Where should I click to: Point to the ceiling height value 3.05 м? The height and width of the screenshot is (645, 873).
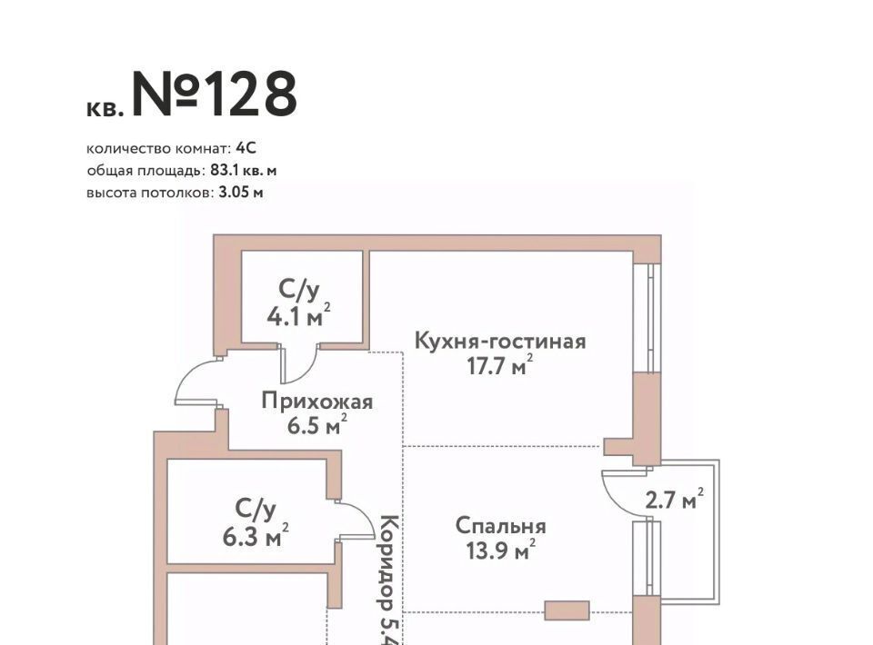pos(241,192)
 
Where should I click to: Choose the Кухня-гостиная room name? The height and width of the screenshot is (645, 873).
pos(500,342)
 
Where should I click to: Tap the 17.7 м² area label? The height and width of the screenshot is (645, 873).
pos(497,366)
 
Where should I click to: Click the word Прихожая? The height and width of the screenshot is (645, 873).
pos(316,401)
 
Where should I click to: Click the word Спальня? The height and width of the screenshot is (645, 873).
pos(500,526)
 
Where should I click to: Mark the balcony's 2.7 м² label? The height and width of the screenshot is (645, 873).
pos(674,499)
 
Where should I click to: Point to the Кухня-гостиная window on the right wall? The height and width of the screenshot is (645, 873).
pos(648,318)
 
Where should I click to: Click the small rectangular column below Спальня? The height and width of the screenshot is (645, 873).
pos(567,610)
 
